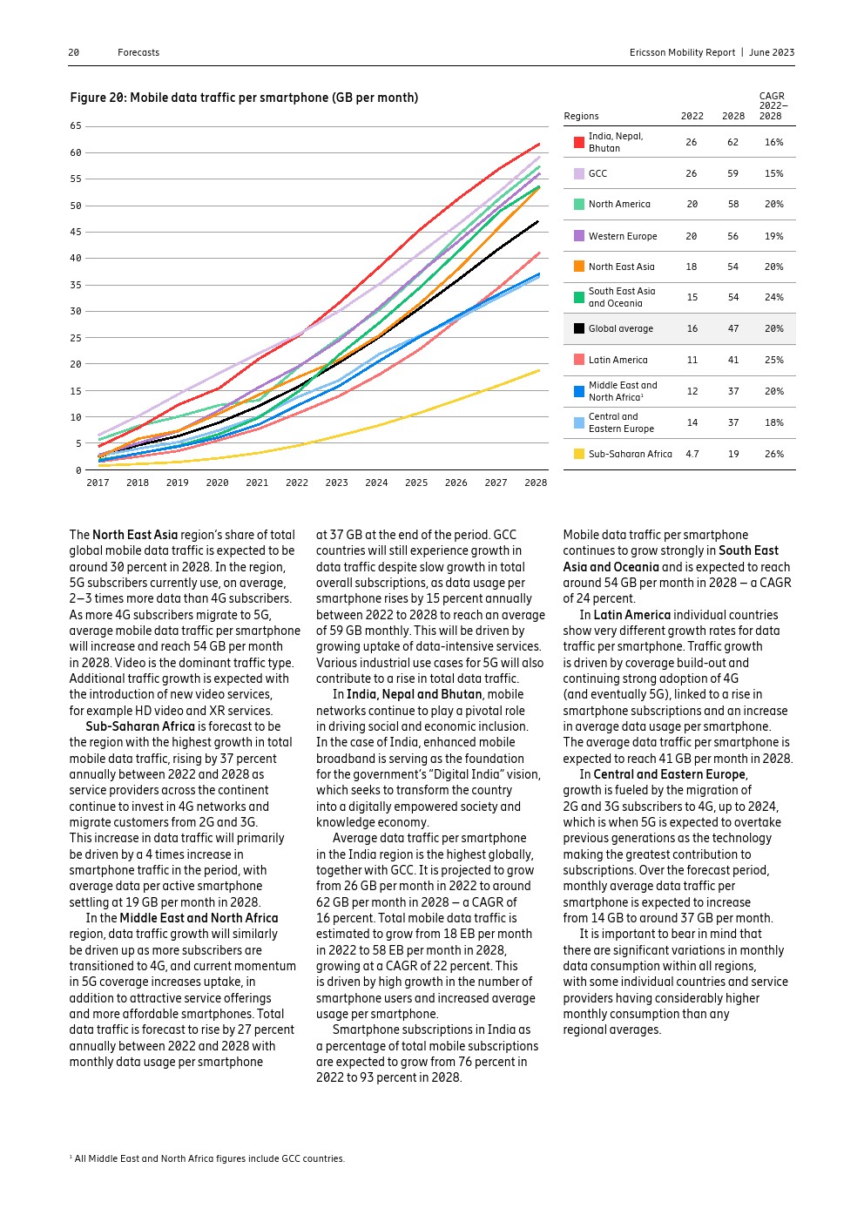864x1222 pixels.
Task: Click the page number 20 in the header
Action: point(74,52)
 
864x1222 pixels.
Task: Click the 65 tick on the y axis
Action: point(76,126)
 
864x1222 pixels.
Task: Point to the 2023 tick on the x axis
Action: point(336,483)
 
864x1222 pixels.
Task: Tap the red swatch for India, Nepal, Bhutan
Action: point(579,142)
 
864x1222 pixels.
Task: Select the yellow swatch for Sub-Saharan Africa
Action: point(579,454)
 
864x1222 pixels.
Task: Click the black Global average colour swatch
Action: point(579,328)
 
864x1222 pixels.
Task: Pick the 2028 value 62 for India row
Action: point(732,142)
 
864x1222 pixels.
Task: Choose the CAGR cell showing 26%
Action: point(773,454)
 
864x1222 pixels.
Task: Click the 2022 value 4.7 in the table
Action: point(692,454)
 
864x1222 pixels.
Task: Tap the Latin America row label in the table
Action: point(618,360)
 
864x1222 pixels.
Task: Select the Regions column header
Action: point(581,116)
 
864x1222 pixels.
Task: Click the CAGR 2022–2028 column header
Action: point(773,106)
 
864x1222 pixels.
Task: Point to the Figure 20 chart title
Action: point(244,98)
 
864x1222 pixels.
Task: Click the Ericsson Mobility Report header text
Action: point(682,52)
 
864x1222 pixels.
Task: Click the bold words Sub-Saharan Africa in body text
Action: point(140,726)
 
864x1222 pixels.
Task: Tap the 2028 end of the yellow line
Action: point(539,370)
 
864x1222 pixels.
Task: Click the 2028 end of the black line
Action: point(537,221)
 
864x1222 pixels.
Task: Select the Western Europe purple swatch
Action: point(579,236)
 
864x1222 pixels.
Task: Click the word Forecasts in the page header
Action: point(138,52)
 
